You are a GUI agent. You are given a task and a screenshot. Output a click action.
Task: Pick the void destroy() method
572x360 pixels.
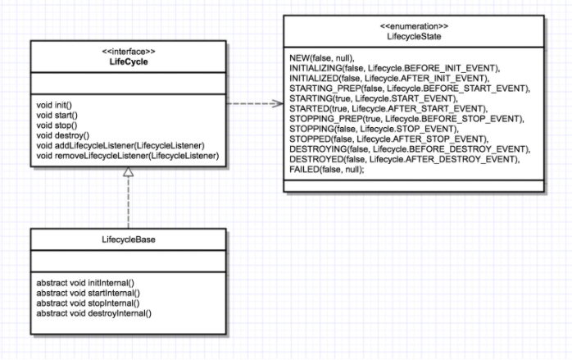click(62, 135)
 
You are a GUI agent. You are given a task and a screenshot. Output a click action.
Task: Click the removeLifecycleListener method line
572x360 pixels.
click(127, 155)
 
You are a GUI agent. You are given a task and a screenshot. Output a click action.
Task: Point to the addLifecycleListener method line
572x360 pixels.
click(120, 145)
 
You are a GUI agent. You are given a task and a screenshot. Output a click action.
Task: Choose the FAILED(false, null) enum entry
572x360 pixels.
click(327, 169)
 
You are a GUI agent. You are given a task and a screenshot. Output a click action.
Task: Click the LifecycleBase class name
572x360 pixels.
click(128, 239)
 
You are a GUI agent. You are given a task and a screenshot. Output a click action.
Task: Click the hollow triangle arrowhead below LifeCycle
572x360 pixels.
click(128, 171)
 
